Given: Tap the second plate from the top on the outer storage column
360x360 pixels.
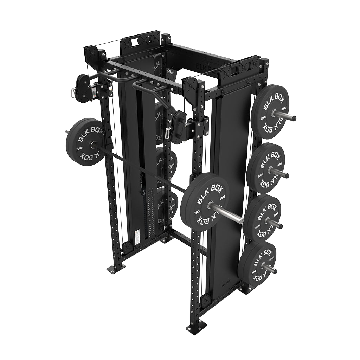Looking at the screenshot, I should tap(265, 168).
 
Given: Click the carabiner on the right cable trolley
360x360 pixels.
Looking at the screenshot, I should tap(169, 133).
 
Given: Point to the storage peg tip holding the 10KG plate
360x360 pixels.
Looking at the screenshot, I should tap(293, 118).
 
